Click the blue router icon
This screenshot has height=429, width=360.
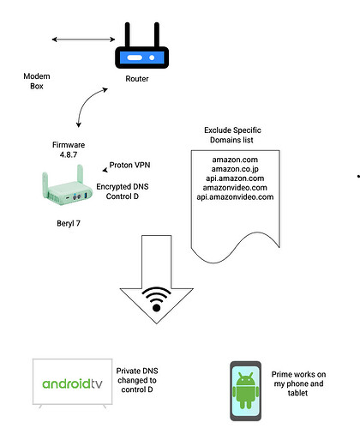(141, 45)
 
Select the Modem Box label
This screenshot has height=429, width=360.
(37, 81)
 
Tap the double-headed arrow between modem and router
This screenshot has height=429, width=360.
(83, 39)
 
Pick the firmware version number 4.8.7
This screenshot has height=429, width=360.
(69, 154)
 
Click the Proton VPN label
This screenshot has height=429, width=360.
(129, 165)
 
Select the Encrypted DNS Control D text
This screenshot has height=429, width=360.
(123, 191)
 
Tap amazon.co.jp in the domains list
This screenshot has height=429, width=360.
(235, 169)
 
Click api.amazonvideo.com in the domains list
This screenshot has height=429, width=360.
(235, 197)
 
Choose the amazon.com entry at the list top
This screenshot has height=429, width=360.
(235, 160)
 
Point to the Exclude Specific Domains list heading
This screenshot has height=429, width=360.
(232, 135)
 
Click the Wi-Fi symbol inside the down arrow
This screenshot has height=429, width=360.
(156, 299)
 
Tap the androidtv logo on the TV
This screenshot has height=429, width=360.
(72, 384)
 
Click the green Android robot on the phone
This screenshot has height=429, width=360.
(246, 390)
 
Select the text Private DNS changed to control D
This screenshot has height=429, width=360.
(137, 380)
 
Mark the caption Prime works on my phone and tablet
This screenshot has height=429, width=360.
(298, 384)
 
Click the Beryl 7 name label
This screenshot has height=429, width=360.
(69, 223)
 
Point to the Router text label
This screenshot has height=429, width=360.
(137, 79)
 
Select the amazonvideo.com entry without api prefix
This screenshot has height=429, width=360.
(235, 188)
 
